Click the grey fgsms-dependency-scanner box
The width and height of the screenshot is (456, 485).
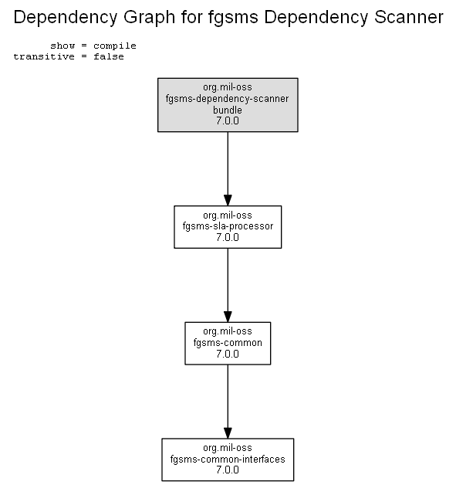point(228,105)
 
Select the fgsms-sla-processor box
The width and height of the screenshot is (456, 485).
point(228,227)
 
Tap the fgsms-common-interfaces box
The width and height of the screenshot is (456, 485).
point(228,460)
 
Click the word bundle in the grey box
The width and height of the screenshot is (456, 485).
point(228,110)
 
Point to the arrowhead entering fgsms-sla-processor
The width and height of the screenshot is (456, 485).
point(228,200)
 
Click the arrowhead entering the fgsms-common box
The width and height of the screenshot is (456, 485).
point(228,317)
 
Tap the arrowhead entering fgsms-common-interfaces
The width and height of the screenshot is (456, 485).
point(228,432)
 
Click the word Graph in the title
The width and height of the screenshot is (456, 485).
point(149,17)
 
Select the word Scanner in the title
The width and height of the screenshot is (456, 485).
point(409,17)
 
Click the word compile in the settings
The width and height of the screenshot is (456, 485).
point(115,46)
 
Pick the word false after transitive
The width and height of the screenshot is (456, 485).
point(109,56)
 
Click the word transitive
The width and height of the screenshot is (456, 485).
point(44,56)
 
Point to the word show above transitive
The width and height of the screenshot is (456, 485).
point(62,46)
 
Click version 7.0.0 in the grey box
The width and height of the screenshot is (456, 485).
point(228,121)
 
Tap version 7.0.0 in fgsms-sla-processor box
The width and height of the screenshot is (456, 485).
point(228,237)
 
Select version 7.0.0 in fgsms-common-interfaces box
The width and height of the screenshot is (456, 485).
point(228,470)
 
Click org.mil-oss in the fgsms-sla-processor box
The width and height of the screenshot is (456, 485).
point(228,215)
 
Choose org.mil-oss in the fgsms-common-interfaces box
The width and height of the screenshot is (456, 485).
point(228,448)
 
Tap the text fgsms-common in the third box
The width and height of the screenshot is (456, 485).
point(228,343)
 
